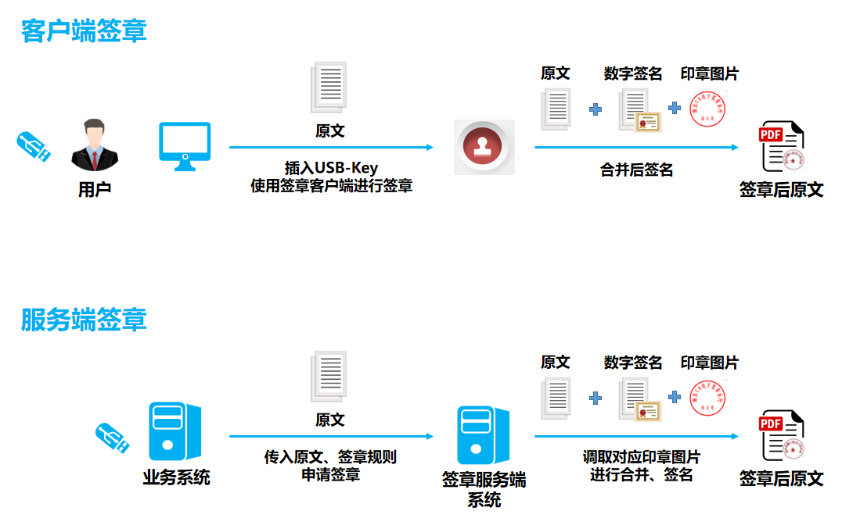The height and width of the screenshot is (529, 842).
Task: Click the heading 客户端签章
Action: (84, 30)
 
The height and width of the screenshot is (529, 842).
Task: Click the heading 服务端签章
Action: (84, 320)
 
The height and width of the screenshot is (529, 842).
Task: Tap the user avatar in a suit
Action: (95, 145)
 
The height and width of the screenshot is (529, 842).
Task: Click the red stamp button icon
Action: (484, 147)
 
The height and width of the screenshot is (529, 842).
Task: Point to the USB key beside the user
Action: (34, 146)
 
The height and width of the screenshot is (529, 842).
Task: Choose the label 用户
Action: (95, 189)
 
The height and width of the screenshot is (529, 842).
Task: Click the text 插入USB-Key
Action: (331, 168)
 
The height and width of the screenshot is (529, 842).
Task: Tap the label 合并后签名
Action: (636, 170)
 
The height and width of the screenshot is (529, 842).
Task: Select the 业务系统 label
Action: (176, 477)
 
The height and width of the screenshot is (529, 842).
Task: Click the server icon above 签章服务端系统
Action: (483, 435)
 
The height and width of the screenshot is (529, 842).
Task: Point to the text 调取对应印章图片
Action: (641, 457)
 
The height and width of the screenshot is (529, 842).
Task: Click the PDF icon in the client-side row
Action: (781, 146)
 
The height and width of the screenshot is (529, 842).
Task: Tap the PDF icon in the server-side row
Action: (781, 435)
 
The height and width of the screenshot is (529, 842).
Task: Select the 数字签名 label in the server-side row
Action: (633, 363)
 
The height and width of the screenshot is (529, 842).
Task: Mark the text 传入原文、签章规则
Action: (330, 457)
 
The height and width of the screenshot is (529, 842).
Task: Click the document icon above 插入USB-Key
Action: (329, 87)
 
